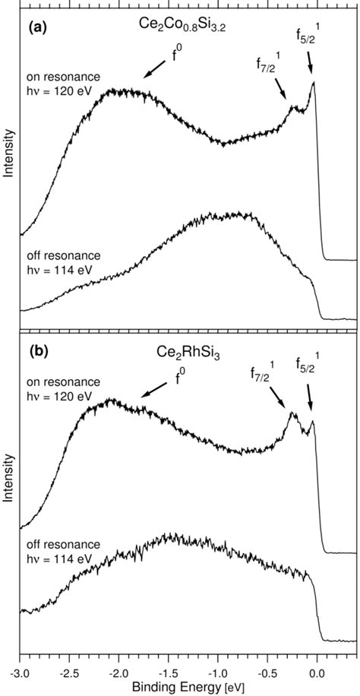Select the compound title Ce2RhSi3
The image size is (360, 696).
[185, 353]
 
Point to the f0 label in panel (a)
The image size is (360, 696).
[176, 56]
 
